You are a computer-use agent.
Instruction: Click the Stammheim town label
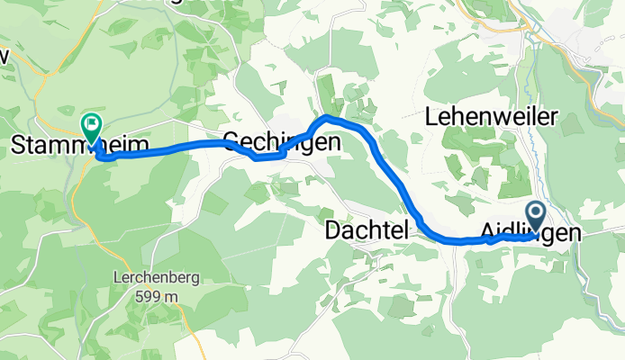pyautogui.click(x=68, y=145)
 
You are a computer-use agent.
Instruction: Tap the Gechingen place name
pyautogui.click(x=281, y=142)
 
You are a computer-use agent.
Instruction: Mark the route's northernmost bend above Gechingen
pyautogui.click(x=329, y=118)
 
